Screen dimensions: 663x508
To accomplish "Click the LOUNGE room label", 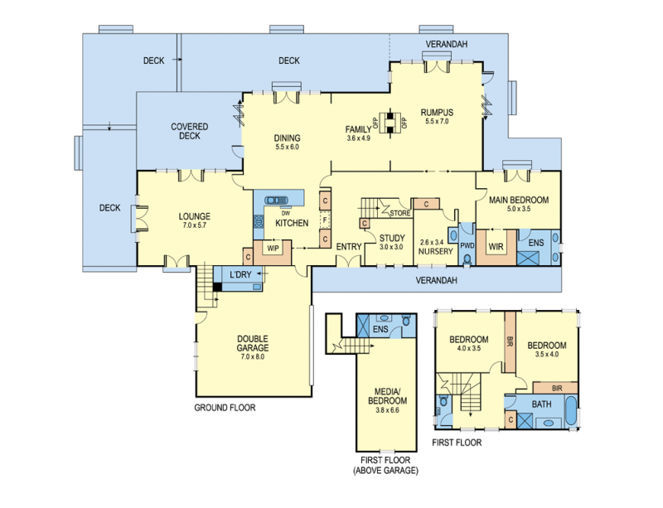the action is (x=194, y=216).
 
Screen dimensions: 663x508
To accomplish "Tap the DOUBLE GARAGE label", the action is (x=253, y=343).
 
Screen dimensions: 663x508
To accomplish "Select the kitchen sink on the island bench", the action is (x=276, y=200).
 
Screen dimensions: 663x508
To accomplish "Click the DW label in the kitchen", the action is (x=285, y=213).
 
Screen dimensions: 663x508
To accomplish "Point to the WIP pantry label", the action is (x=273, y=249).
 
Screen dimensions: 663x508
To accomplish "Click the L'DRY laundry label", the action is (x=240, y=274).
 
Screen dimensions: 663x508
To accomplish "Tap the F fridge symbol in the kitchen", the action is (x=325, y=220).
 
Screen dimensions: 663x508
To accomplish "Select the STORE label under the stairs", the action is (x=400, y=213).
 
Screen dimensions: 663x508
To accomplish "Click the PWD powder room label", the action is (x=467, y=245).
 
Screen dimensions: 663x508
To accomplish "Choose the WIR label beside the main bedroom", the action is (x=496, y=246).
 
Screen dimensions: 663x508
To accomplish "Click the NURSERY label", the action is (x=436, y=251).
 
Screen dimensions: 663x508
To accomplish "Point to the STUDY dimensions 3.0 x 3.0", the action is (x=391, y=247).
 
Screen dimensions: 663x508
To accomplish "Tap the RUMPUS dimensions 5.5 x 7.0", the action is (x=437, y=121).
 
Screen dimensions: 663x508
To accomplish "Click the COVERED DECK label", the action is (x=190, y=131).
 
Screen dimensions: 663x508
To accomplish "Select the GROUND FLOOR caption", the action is (x=225, y=408).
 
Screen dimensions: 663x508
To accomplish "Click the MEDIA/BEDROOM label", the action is (x=387, y=396).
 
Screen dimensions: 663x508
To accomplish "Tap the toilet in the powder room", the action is (x=467, y=259).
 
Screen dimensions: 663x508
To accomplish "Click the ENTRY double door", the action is (x=348, y=259).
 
